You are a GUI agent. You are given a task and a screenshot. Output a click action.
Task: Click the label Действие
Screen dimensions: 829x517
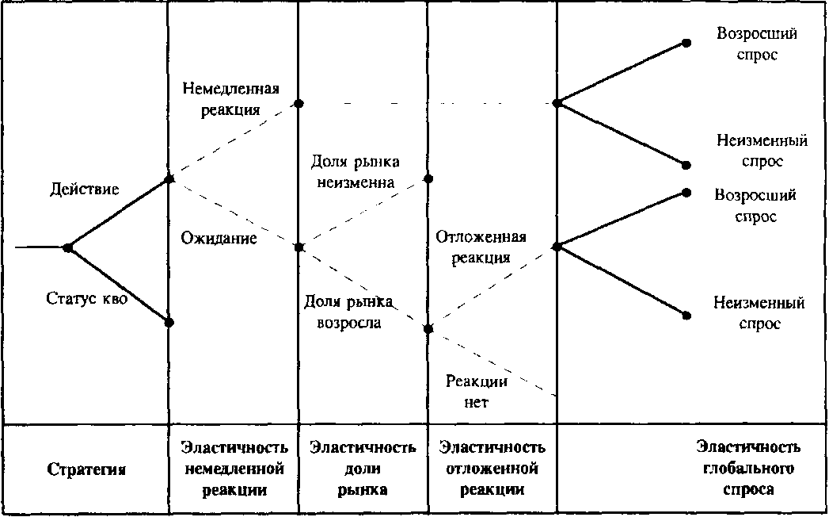85,189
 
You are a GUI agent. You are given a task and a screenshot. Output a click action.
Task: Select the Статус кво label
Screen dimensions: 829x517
87,298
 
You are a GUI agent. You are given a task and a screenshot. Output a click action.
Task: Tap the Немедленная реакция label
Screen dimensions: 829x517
231,98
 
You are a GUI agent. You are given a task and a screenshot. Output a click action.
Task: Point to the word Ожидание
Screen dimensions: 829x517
219,238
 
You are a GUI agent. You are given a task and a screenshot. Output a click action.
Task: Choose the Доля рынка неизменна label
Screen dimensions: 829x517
355,171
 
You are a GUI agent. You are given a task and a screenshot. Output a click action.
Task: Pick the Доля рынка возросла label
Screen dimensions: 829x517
348,312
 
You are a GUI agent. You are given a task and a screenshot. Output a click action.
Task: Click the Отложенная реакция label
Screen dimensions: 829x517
481,247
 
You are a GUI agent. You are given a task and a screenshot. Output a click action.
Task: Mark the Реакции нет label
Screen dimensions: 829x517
477,392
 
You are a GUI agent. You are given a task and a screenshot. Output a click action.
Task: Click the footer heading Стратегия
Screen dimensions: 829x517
87,470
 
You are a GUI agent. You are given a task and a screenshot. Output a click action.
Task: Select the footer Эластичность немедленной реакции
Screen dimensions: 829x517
234,469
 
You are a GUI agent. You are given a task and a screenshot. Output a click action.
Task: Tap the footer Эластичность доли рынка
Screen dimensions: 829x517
363,469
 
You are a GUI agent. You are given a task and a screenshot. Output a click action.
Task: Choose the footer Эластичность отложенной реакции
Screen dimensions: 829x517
492,469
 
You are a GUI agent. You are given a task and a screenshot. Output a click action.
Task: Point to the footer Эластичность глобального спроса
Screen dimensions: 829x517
748,469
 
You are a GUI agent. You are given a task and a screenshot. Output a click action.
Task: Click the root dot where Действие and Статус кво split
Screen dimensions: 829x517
67,247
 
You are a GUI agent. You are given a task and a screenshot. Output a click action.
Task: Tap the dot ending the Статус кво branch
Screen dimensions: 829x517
169,322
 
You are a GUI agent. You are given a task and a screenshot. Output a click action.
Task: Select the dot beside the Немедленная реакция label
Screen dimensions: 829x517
299,103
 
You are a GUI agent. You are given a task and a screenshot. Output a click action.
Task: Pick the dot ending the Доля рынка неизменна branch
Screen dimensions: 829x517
428,179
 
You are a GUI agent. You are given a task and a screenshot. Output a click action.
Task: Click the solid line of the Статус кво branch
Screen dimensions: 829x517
118,285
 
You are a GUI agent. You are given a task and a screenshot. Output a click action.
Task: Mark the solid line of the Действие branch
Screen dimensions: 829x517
118,213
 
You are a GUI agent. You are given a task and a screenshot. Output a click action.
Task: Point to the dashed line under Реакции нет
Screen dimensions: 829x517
492,362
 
